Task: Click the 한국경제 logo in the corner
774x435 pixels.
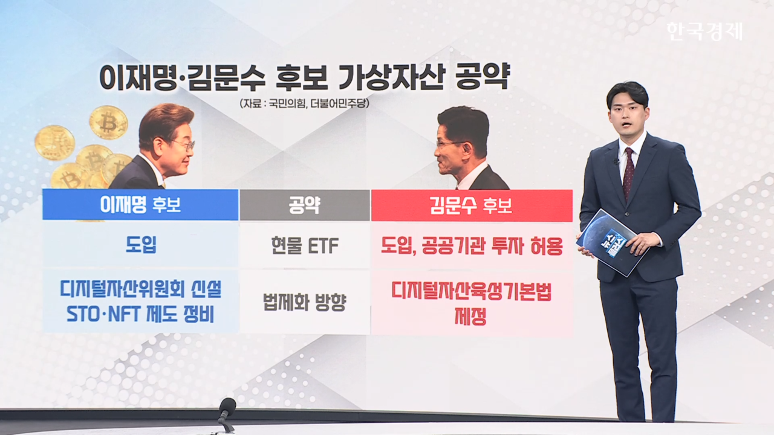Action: click(705, 31)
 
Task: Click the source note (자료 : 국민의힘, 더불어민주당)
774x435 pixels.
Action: click(304, 103)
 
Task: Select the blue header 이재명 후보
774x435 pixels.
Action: click(140, 205)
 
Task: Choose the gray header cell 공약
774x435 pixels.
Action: click(304, 205)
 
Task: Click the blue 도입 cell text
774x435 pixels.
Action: click(141, 245)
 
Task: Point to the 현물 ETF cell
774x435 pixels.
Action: click(305, 246)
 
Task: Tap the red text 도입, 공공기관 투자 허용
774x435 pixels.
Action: click(472, 246)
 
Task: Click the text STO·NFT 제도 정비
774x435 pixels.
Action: click(140, 314)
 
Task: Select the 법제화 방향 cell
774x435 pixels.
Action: click(304, 303)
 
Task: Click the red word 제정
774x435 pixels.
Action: click(470, 316)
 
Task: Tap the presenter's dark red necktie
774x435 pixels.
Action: click(628, 173)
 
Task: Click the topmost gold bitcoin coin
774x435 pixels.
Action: click(108, 123)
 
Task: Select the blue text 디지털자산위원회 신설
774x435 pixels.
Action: click(141, 289)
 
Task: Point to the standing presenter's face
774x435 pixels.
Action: click(627, 119)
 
